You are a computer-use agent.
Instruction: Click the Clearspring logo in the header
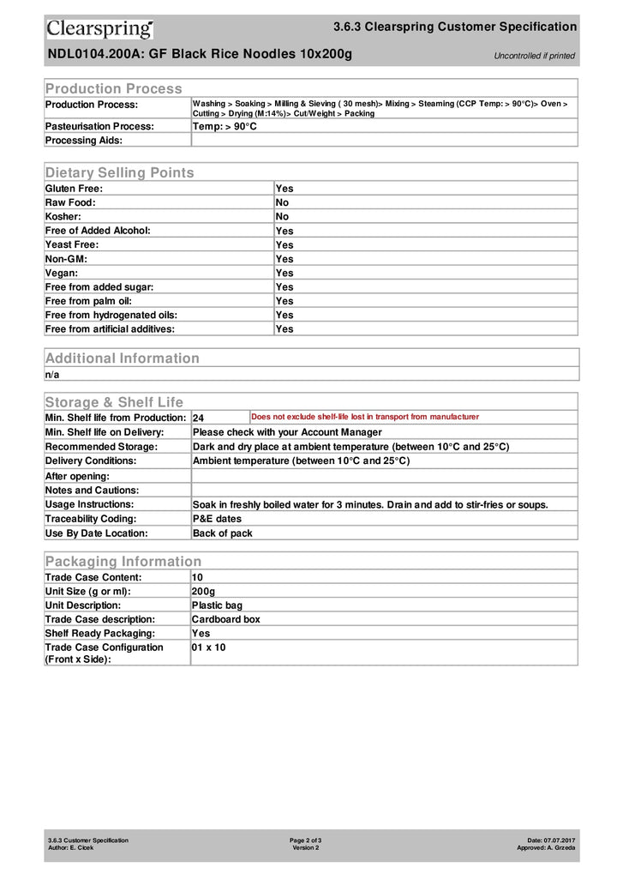point(99,29)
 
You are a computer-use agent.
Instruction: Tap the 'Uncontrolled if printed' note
point(534,56)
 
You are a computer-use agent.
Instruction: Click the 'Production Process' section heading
point(113,88)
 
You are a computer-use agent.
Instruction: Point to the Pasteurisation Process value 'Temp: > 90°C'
point(225,126)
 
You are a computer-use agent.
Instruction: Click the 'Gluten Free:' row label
point(74,188)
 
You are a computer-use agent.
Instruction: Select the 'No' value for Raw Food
point(282,202)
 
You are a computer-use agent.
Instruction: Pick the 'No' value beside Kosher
point(282,216)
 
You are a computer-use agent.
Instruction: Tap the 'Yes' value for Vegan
point(284,273)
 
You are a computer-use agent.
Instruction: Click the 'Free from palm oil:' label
point(88,301)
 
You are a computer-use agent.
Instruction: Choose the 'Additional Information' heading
point(122,358)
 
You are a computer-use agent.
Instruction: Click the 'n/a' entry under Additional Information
point(52,374)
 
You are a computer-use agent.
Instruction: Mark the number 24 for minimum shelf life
point(198,418)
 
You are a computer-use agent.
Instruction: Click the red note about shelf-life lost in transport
point(365,417)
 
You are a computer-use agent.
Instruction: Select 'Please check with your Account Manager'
point(287,432)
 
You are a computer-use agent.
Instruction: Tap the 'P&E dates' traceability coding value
point(217,519)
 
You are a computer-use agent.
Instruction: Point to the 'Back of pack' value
point(222,533)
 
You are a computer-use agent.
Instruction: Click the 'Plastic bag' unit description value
point(217,605)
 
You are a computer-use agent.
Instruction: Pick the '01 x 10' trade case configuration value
point(208,647)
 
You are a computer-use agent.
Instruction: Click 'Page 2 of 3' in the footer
point(305,840)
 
